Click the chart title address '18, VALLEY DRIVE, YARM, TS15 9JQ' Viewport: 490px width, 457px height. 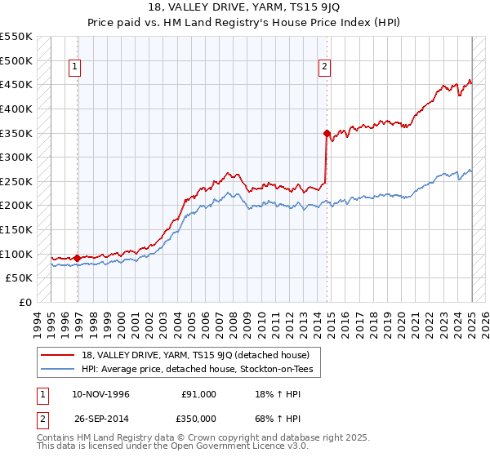pos(244,7)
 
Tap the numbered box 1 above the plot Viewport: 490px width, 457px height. pos(74,67)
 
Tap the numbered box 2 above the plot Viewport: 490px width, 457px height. pos(324,67)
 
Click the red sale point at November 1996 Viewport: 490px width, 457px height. pos(77,258)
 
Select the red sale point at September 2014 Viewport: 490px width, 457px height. pos(327,132)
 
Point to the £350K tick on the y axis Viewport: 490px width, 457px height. pos(16,133)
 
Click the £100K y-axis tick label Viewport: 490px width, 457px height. pos(16,254)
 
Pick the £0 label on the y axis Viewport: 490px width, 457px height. pos(23,302)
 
